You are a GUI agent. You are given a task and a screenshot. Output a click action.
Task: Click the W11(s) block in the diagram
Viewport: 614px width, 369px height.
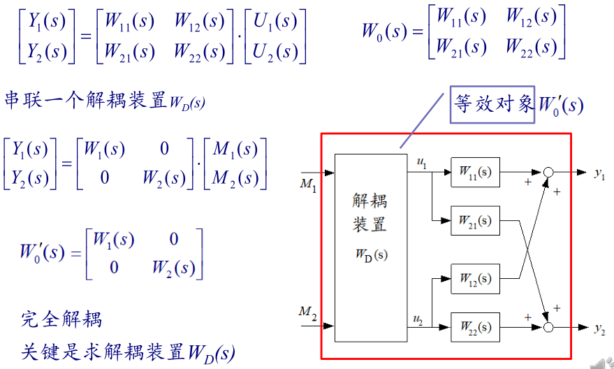click(475, 171)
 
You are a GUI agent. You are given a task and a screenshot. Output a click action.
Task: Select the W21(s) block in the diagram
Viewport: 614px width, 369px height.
click(475, 221)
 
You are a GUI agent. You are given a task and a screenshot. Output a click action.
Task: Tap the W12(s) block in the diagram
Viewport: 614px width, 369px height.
click(475, 280)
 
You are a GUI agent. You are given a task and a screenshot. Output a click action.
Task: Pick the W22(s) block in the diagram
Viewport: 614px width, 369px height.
click(475, 326)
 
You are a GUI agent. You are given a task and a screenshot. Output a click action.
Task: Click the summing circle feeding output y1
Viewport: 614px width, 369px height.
click(549, 172)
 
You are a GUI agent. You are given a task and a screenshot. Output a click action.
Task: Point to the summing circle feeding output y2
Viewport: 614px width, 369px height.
click(549, 326)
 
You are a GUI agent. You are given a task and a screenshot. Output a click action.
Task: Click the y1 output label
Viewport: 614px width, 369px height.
click(599, 173)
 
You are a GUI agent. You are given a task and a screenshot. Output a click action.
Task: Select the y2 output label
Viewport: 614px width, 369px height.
click(599, 328)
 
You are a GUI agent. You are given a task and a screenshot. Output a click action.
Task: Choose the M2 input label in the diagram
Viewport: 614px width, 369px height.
click(308, 312)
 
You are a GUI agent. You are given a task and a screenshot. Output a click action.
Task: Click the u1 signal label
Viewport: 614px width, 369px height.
click(421, 162)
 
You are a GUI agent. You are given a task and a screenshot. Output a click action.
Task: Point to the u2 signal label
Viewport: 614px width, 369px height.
click(418, 320)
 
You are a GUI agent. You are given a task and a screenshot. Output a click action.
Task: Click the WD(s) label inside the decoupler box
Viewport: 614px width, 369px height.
click(370, 254)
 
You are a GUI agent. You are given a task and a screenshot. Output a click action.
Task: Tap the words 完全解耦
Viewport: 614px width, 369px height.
click(62, 320)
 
